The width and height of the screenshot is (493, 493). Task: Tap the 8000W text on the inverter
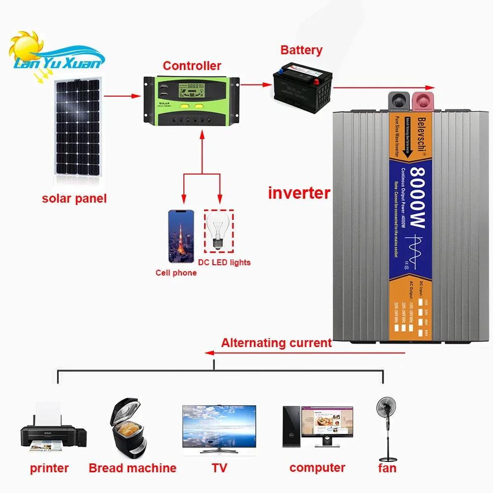coord(417,198)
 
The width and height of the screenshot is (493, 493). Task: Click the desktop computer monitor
coord(327,424)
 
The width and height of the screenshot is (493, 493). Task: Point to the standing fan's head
coord(387,410)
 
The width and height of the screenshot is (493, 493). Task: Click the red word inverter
coord(299,193)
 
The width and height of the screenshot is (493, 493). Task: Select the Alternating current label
coord(276,343)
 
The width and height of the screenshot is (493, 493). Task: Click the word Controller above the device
coord(192,66)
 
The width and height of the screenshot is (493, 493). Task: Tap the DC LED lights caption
coord(224,262)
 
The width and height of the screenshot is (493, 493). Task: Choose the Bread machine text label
coord(132,468)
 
